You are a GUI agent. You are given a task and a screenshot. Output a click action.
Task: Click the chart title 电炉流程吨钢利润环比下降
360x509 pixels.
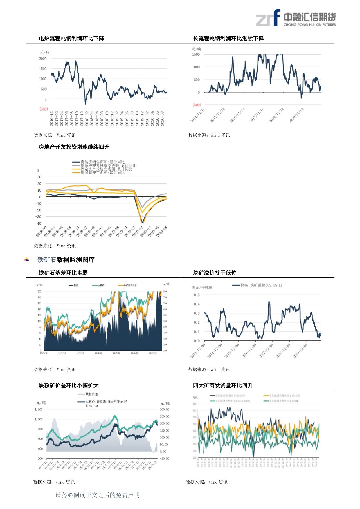tap(71, 39)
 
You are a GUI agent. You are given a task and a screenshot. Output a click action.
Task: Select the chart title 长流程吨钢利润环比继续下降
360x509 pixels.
tap(228, 39)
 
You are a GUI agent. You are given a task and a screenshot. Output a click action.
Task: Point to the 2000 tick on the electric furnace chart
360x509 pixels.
tap(43, 59)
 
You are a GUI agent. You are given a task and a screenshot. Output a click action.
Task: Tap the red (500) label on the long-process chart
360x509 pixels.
tap(197, 105)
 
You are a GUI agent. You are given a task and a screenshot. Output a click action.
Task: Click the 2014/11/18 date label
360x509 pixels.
tap(198, 115)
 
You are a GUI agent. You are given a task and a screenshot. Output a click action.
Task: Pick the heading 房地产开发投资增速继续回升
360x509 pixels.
tap(74, 147)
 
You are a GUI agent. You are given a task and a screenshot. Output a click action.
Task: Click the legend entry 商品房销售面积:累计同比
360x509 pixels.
tap(102, 162)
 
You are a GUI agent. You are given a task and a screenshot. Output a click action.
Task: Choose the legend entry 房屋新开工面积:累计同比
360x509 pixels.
tap(102, 173)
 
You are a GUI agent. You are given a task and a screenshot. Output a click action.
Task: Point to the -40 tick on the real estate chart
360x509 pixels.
tap(38, 223)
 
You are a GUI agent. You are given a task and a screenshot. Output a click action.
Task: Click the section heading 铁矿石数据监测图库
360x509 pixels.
tap(66, 260)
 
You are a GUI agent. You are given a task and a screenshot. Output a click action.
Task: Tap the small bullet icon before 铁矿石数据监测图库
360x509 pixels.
tap(27, 260)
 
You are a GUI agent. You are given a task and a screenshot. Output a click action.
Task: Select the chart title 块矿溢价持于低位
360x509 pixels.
tap(215, 273)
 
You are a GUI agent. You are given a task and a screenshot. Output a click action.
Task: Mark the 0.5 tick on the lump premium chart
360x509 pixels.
tap(197, 295)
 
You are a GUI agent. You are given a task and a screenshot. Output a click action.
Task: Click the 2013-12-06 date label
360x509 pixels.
tap(198, 351)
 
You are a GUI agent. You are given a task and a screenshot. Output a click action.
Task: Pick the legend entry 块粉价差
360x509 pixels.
tap(91, 394)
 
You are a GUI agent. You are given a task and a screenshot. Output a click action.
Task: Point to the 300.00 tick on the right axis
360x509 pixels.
tap(165, 409)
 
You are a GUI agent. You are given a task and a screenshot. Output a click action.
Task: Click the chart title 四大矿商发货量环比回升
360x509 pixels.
tap(223, 385)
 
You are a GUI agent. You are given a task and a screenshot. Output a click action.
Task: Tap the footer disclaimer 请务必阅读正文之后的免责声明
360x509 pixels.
tap(98, 495)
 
